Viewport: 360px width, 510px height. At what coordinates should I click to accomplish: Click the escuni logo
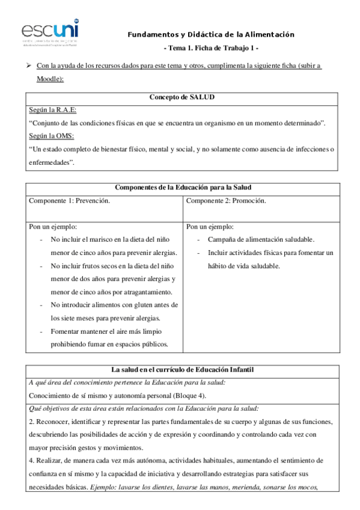pyautogui.click(x=49, y=29)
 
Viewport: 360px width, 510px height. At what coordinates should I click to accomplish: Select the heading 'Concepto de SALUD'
pyautogui.click(x=181, y=97)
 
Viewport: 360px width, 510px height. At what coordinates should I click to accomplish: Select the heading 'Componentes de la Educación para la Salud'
pyautogui.click(x=181, y=188)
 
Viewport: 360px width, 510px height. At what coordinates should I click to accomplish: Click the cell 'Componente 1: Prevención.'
pyautogui.click(x=70, y=200)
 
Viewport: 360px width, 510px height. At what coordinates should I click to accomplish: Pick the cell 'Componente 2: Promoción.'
pyautogui.click(x=226, y=200)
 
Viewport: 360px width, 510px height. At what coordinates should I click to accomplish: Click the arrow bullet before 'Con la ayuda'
pyautogui.click(x=29, y=66)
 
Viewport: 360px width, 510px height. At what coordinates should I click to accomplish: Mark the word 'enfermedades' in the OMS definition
pyautogui.click(x=50, y=162)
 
